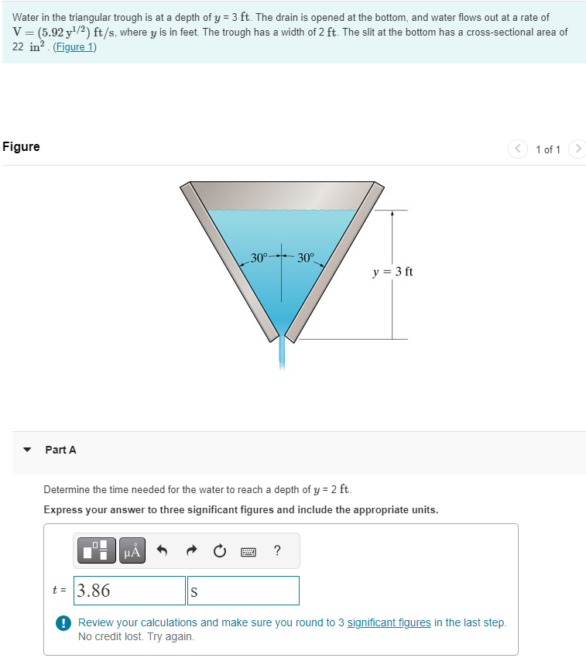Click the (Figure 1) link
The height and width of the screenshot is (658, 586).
click(75, 46)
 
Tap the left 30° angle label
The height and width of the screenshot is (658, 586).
click(259, 257)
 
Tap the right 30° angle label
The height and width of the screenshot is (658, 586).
click(306, 257)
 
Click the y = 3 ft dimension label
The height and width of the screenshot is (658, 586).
click(392, 272)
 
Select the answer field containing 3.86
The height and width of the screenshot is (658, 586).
click(130, 591)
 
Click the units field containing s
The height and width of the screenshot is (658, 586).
click(243, 591)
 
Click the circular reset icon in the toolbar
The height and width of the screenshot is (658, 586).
click(219, 551)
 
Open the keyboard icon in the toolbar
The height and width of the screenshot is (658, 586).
click(248, 551)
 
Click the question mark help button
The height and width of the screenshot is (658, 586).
click(277, 551)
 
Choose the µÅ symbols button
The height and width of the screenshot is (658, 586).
click(132, 551)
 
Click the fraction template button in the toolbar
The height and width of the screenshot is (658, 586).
click(98, 551)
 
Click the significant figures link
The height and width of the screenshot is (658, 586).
click(389, 622)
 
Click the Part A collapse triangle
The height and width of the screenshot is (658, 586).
click(28, 450)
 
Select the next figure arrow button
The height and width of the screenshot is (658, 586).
click(577, 149)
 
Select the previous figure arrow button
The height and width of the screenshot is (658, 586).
click(517, 149)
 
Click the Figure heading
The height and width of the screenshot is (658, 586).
click(21, 147)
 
